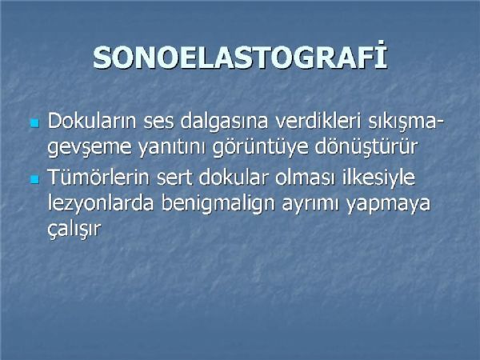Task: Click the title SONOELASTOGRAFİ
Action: pyautogui.click(x=240, y=57)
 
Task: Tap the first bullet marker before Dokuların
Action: pyautogui.click(x=35, y=123)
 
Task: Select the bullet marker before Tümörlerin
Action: pyautogui.click(x=35, y=180)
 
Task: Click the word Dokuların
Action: pyautogui.click(x=91, y=121)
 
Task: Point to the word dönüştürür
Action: pyautogui.click(x=366, y=146)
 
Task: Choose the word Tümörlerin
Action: pyautogui.click(x=98, y=177)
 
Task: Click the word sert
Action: pyautogui.click(x=174, y=178)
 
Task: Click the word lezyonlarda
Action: pyautogui.click(x=101, y=203)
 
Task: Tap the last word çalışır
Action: pyautogui.click(x=74, y=229)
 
